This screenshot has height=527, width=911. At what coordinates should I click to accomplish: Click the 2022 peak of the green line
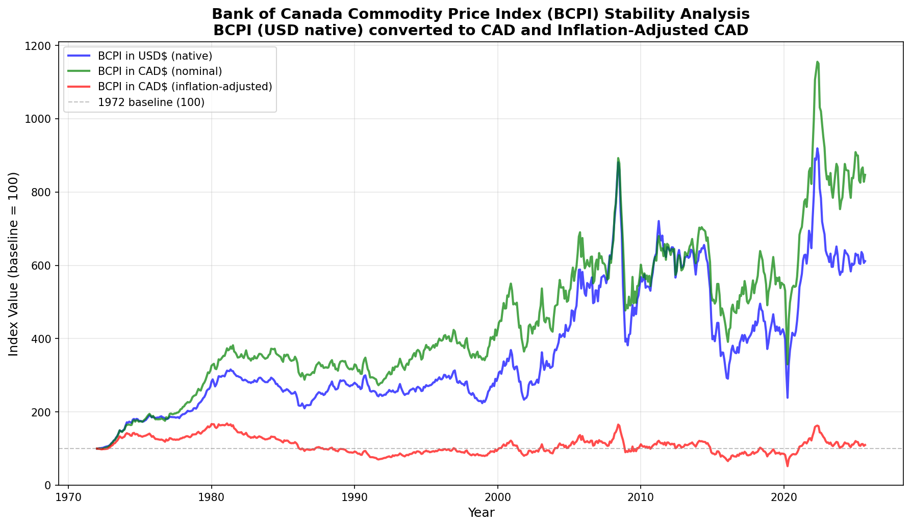[817, 62]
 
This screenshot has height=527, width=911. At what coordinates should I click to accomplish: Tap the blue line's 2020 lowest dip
[787, 398]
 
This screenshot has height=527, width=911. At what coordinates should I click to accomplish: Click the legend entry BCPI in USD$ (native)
[155, 56]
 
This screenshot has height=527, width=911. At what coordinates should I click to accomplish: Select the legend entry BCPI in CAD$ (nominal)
[160, 71]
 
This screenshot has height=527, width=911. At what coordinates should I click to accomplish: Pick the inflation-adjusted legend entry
[185, 87]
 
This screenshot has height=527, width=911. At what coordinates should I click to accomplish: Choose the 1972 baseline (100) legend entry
[151, 102]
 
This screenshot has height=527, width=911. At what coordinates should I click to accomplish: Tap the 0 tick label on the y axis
[49, 485]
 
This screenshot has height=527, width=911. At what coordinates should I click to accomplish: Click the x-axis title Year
[481, 513]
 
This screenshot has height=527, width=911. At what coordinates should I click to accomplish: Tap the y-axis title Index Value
[14, 263]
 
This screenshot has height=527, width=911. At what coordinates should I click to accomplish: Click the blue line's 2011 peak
[659, 221]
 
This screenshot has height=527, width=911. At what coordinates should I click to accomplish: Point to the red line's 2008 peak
[618, 425]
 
